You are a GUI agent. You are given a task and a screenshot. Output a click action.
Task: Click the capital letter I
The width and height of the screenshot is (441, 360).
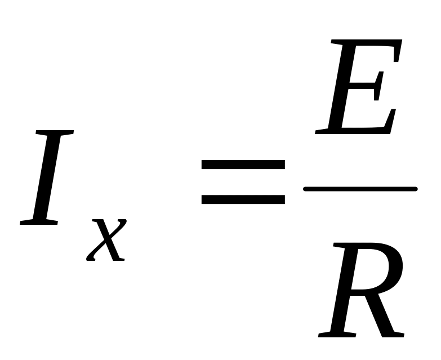pos(47,177)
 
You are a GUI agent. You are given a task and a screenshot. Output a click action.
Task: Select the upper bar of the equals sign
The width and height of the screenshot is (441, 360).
pos(243,165)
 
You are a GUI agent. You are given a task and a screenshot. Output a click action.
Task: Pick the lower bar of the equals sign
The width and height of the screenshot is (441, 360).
pos(243,199)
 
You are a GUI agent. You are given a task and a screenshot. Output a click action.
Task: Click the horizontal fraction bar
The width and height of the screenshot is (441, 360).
pos(360,189)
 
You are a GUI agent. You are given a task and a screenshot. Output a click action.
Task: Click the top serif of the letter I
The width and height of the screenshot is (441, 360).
pos(55,134)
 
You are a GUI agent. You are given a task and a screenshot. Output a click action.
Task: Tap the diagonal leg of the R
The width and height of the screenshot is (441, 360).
pos(383,313)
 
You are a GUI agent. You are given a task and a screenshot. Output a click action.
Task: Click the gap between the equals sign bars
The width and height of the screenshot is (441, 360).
pos(243,182)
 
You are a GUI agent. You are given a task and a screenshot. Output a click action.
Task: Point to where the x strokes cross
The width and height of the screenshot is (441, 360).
pos(106,239)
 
